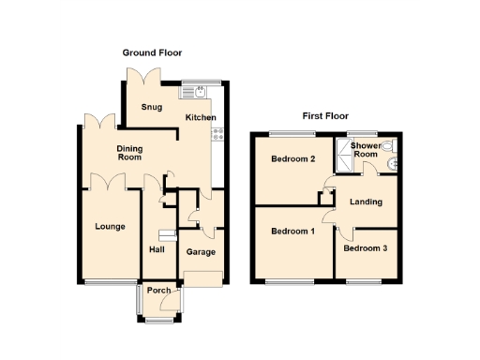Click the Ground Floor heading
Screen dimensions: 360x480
pyautogui.click(x=152, y=53)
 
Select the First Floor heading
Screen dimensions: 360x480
pyautogui.click(x=324, y=116)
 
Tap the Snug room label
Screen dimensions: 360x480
pyautogui.click(x=152, y=107)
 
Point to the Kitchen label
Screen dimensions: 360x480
pyautogui.click(x=201, y=117)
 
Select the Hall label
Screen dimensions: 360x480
pyautogui.click(x=157, y=249)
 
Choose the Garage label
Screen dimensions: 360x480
pyautogui.click(x=201, y=252)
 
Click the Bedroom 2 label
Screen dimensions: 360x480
pyautogui.click(x=292, y=159)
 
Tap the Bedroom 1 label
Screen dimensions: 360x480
pyautogui.click(x=292, y=232)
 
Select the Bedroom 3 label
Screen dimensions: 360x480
pyautogui.click(x=364, y=248)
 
